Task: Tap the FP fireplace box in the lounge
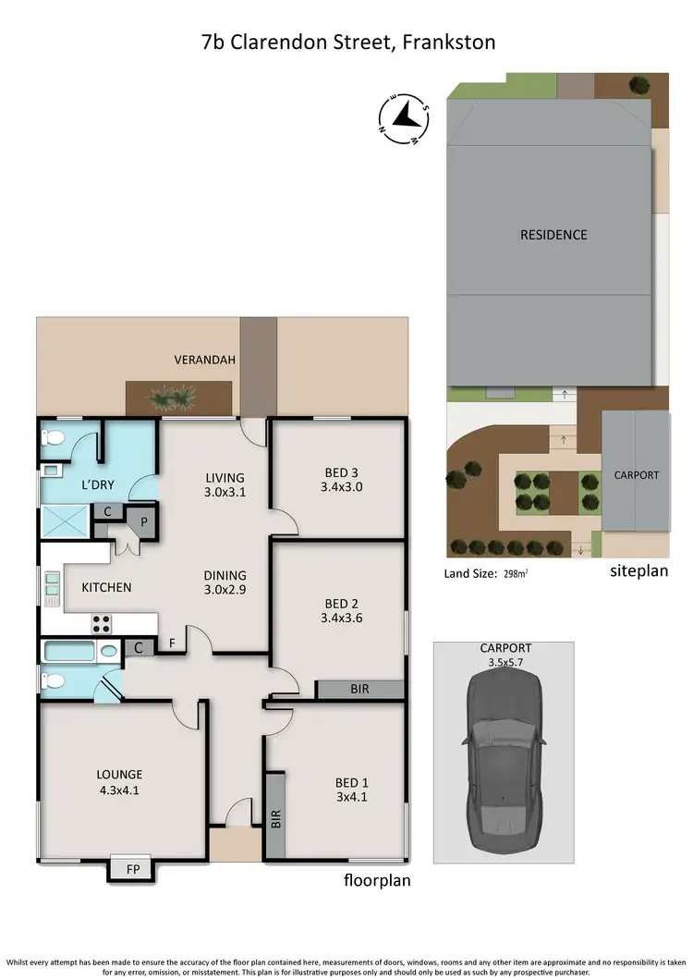click(133, 870)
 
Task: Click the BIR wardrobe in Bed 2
click(359, 690)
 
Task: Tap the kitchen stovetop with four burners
click(101, 620)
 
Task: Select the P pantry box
click(143, 521)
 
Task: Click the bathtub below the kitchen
click(71, 651)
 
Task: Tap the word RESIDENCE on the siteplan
click(553, 235)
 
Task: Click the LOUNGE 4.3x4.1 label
click(120, 782)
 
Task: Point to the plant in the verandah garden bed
click(172, 398)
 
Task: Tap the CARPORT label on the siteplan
click(637, 475)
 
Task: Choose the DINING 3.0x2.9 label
click(224, 583)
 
